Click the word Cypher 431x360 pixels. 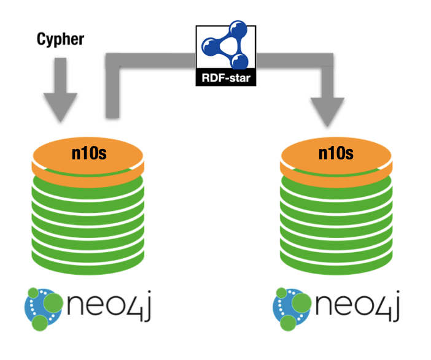(x=60, y=40)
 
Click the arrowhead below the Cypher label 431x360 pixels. (x=60, y=107)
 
